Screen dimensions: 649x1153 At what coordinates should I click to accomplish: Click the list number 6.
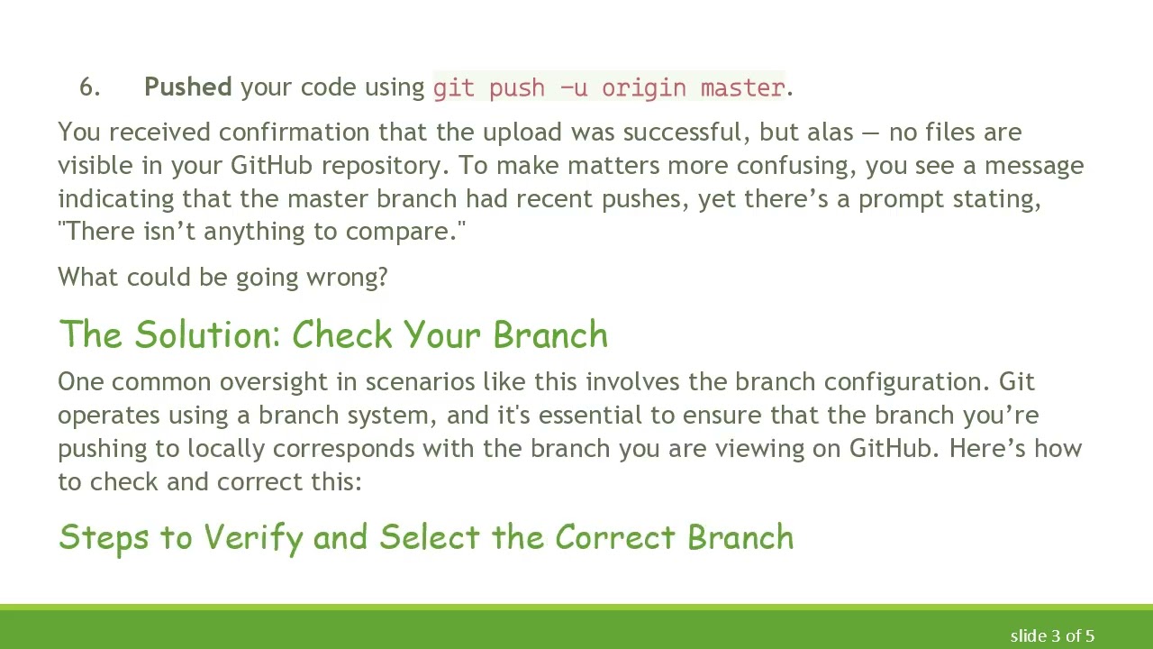pos(89,87)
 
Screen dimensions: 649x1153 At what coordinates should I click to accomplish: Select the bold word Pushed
pos(187,87)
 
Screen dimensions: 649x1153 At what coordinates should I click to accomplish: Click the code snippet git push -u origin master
pos(609,87)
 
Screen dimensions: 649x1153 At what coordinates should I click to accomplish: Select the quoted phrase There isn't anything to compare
pos(261,232)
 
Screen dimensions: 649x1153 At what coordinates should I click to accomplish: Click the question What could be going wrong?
pos(222,277)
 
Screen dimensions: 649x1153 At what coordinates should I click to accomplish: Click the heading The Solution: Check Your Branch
pos(333,334)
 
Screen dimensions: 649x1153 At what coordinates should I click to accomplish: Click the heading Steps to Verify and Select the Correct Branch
pos(425,537)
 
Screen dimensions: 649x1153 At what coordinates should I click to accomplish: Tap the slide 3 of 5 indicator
pos(1051,636)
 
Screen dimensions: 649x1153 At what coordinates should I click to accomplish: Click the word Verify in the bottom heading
pos(252,537)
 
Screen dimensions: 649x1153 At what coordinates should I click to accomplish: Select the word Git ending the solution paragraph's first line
pos(1017,382)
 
